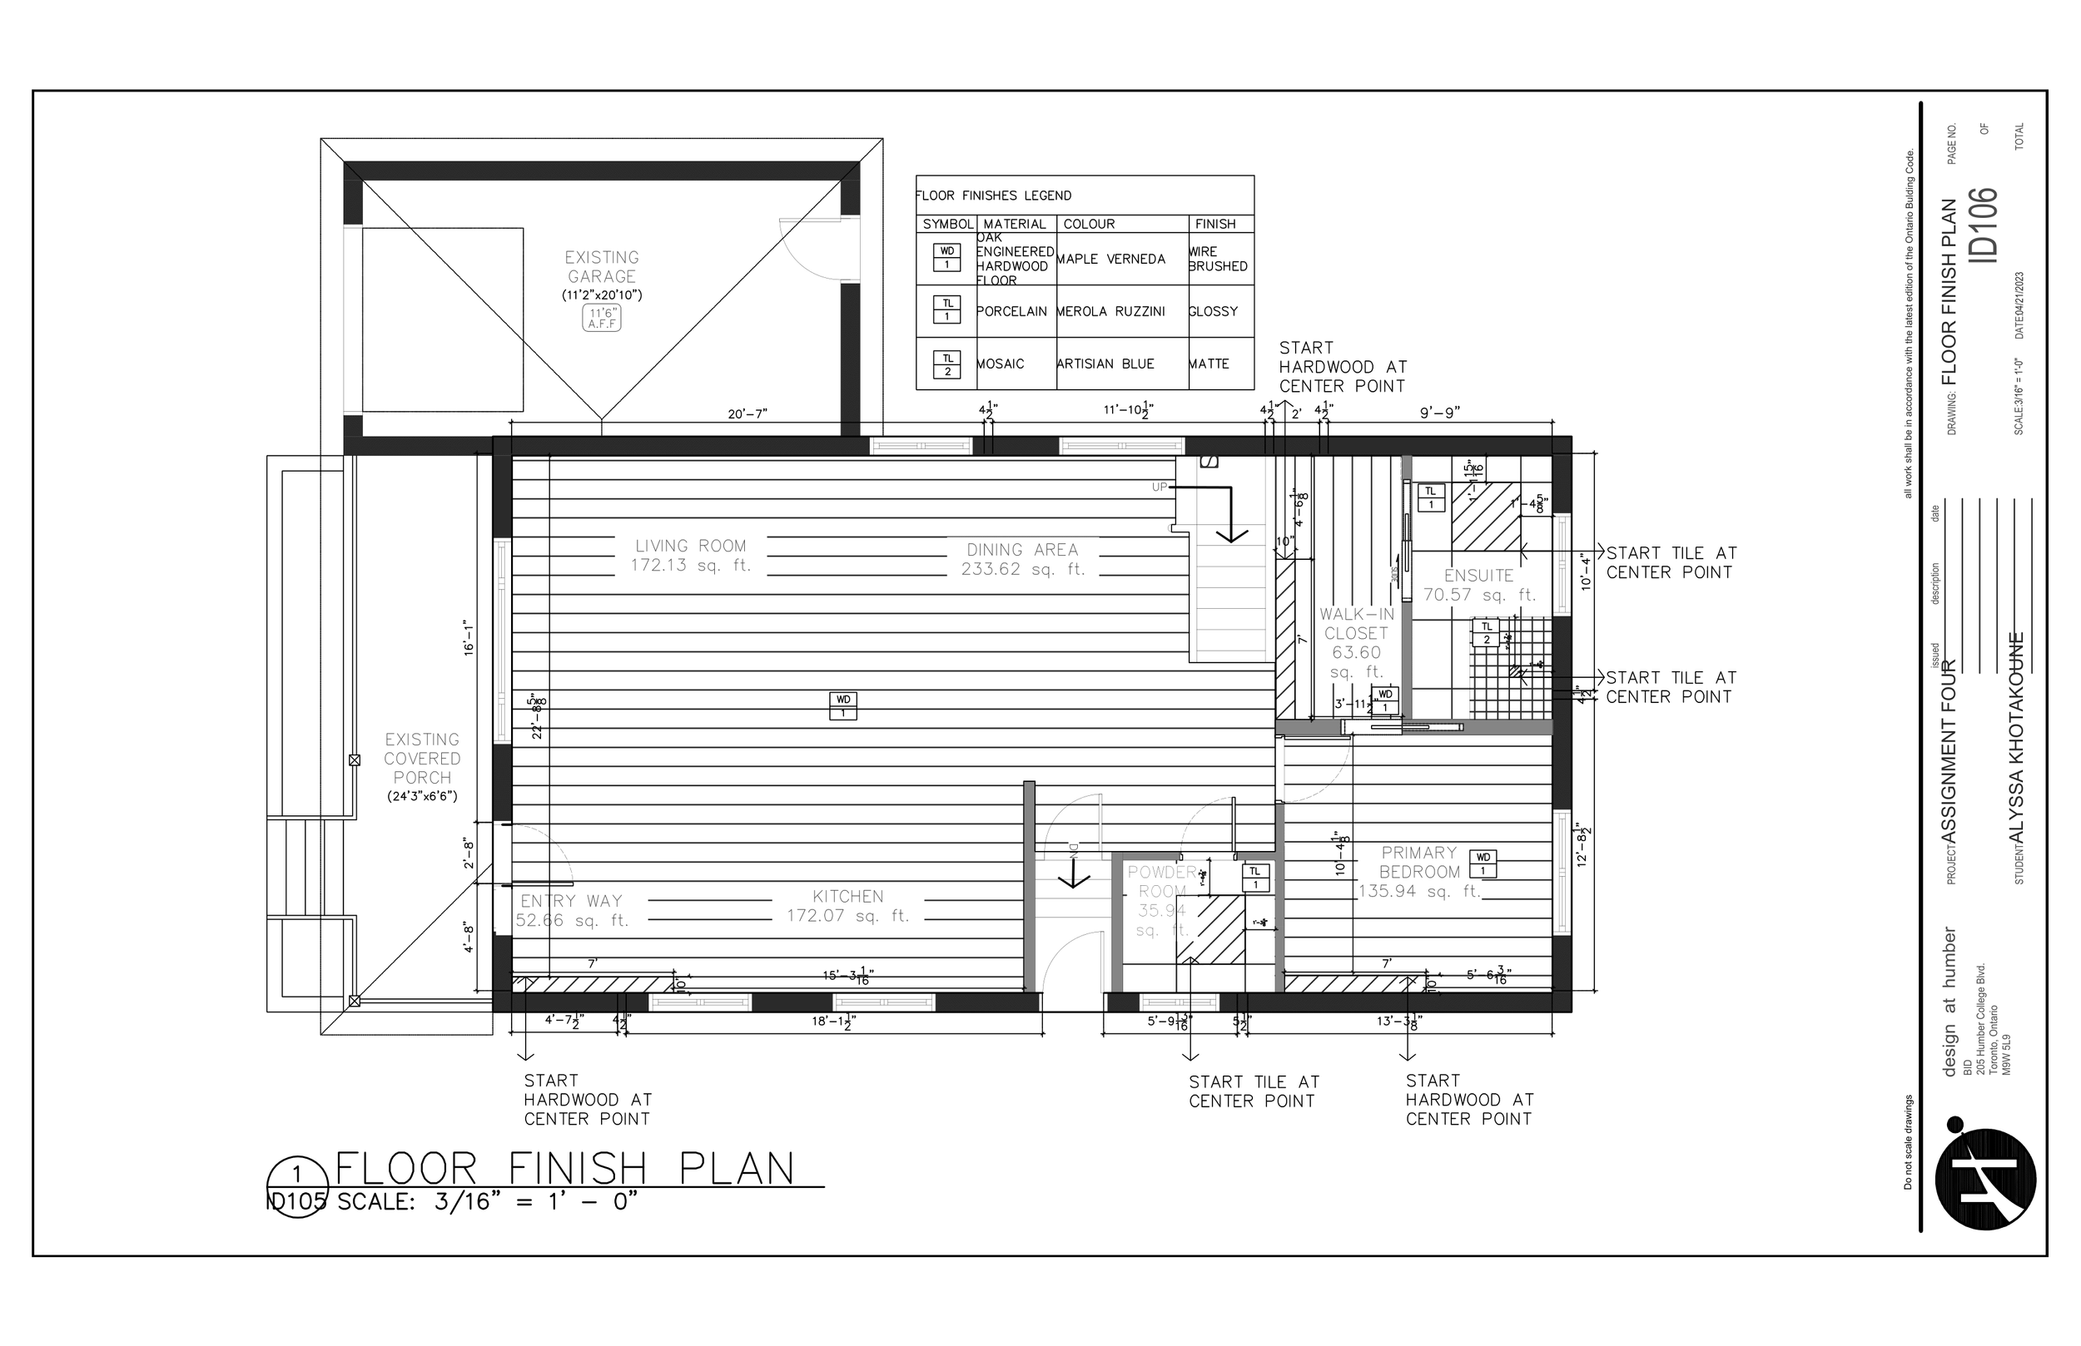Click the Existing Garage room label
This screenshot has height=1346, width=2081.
(x=602, y=266)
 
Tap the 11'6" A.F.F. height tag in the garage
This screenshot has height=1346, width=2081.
(x=602, y=318)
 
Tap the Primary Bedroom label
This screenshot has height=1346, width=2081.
(x=1419, y=863)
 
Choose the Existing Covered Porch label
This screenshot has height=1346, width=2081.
(x=421, y=759)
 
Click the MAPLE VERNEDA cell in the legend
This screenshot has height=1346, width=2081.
(x=1110, y=260)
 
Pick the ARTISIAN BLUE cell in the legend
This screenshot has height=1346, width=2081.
(x=1105, y=364)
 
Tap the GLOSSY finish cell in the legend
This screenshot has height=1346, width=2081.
(x=1213, y=312)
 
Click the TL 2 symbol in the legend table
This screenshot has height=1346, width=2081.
(x=947, y=364)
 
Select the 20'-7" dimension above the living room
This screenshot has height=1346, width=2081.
(x=747, y=414)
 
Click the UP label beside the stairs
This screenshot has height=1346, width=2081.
(x=1160, y=487)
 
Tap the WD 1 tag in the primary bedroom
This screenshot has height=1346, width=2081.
(x=1483, y=864)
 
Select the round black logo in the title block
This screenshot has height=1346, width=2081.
(x=1984, y=1180)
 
